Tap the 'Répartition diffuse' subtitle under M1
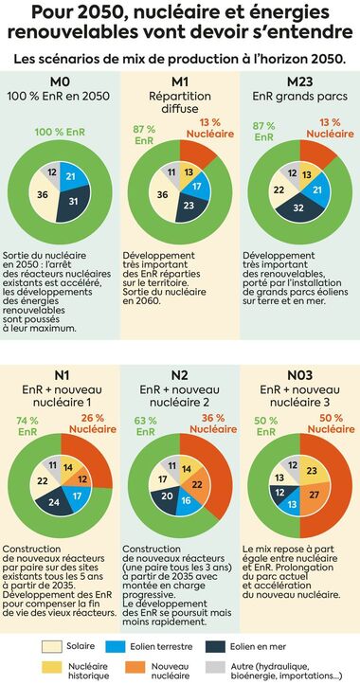180,104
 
